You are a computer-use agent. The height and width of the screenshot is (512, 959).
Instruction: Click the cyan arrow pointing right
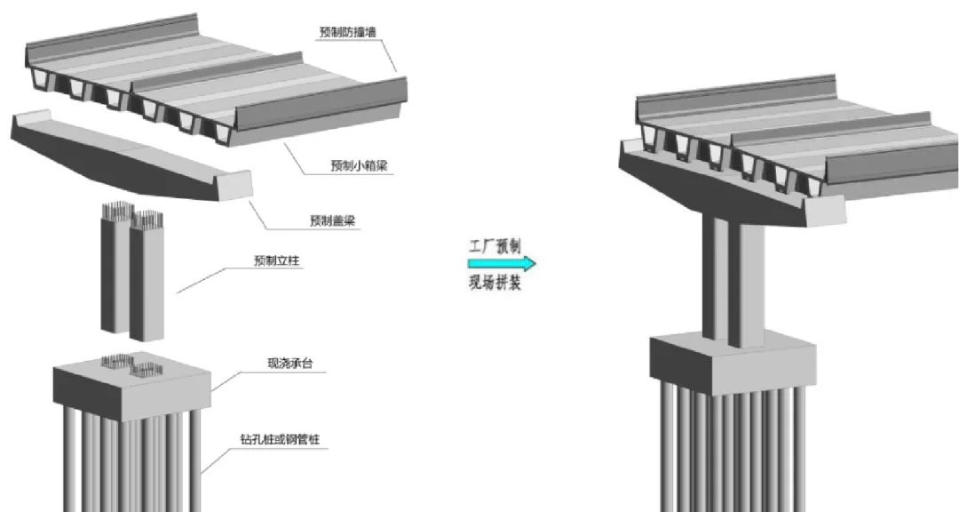click(502, 264)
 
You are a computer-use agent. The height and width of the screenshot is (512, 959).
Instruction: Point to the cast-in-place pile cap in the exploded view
click(133, 384)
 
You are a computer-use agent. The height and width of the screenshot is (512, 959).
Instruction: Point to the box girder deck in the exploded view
click(213, 80)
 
